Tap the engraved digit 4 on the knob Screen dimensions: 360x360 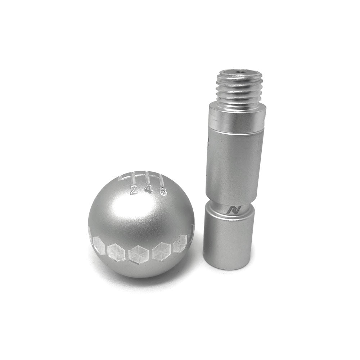click(149, 190)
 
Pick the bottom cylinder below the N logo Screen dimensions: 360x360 click(228, 238)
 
